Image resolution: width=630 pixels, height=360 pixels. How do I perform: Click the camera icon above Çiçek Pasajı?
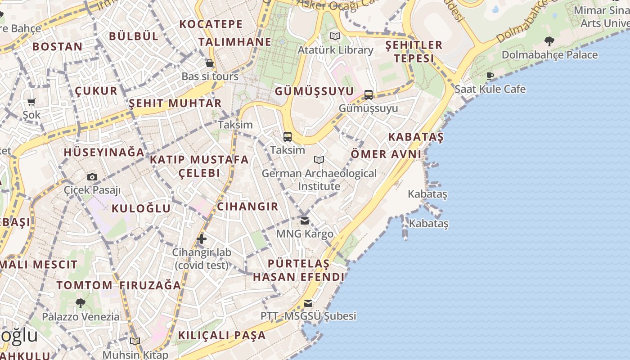(x=92, y=177)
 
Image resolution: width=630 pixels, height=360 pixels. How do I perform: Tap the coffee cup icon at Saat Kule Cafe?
(x=490, y=76)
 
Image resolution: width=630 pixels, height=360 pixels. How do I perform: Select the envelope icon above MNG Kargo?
(x=305, y=220)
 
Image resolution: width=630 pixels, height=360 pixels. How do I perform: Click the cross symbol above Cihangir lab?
(x=202, y=239)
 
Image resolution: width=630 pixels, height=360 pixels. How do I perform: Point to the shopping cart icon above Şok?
(x=31, y=102)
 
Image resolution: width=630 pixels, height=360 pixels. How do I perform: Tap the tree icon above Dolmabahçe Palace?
(x=549, y=41)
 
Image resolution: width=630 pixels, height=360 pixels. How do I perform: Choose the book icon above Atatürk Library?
(x=335, y=36)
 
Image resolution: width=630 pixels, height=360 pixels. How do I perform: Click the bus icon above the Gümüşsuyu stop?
(x=369, y=94)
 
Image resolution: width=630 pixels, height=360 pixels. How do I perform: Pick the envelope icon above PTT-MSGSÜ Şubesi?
(x=308, y=303)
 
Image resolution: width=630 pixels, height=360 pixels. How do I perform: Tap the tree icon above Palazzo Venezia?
(x=81, y=303)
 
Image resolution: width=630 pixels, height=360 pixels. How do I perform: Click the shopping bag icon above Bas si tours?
(x=209, y=63)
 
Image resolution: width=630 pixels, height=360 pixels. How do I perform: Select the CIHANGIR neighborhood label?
(x=247, y=207)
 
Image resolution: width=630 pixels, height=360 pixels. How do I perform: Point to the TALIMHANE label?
(x=235, y=42)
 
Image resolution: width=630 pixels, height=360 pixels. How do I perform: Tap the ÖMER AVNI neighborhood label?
(x=386, y=154)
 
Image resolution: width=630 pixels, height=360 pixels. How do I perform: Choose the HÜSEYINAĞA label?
(x=104, y=152)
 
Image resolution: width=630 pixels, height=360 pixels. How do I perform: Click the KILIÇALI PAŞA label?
(x=222, y=335)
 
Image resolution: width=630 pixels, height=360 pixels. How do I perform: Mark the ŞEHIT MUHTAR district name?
(x=175, y=103)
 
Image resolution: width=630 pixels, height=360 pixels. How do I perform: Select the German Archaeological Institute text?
(x=319, y=180)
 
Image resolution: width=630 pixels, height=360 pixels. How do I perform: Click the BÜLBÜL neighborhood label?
(x=134, y=36)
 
